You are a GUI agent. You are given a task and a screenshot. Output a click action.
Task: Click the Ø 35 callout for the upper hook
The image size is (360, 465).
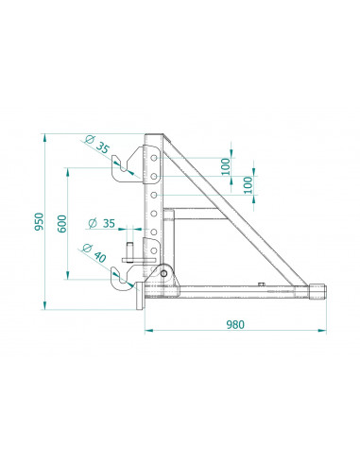(97, 147)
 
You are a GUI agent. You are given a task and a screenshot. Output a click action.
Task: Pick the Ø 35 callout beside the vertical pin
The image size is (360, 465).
(101, 225)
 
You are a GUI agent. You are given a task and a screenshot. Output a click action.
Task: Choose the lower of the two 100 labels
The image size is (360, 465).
(248, 184)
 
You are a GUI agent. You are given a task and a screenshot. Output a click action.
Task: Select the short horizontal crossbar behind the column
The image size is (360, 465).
(194, 209)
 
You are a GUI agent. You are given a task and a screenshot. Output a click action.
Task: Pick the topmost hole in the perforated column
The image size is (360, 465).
(152, 152)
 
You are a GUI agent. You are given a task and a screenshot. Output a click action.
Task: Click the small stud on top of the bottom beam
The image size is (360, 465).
(262, 282)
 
